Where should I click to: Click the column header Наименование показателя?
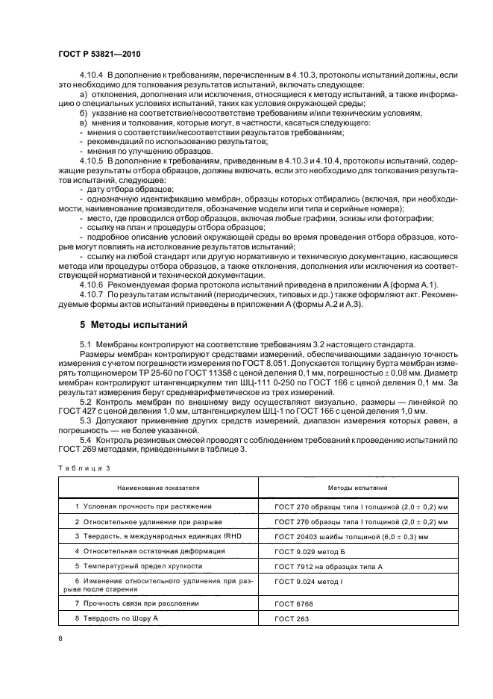point(158,487)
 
